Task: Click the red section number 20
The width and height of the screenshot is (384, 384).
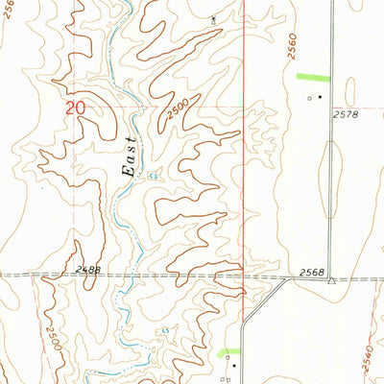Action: tap(75, 108)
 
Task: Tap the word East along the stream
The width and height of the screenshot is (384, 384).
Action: tap(131, 156)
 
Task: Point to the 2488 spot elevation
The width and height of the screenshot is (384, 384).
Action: tap(84, 271)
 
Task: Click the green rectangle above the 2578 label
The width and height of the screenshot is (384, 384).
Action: tap(312, 77)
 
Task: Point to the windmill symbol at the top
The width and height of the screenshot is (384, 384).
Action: tap(213, 17)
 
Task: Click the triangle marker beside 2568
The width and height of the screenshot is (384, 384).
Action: tap(330, 280)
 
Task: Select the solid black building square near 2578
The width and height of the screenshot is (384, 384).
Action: tap(320, 97)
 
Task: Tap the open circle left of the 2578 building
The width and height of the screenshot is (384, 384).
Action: tap(309, 97)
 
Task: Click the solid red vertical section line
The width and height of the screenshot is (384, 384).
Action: tap(245, 144)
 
